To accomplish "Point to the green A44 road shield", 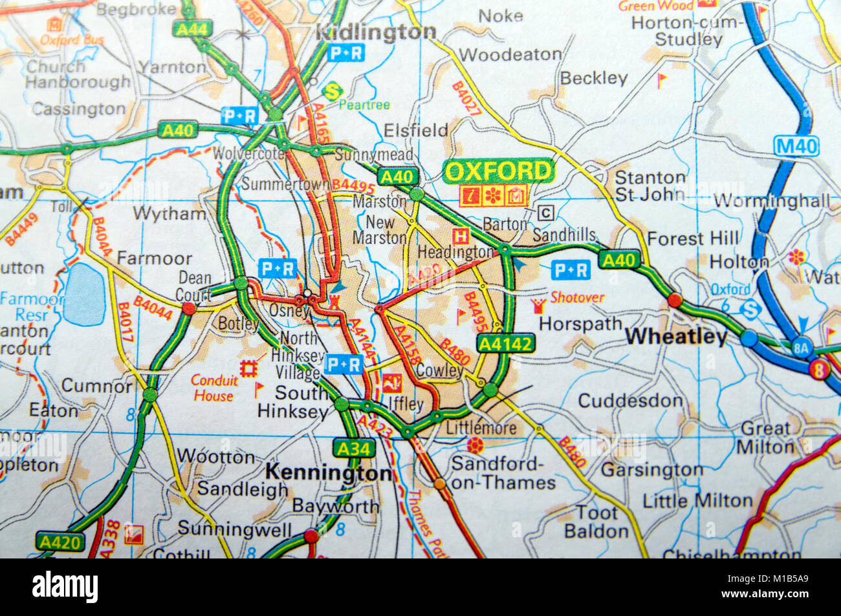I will click(x=191, y=28).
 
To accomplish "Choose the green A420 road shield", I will click(x=60, y=542).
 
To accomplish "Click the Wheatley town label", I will click(x=677, y=337).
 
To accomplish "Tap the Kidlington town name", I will click(x=377, y=32).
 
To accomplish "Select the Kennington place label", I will click(x=329, y=473).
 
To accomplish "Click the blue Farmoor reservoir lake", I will click(x=84, y=294).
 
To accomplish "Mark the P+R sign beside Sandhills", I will click(x=571, y=270).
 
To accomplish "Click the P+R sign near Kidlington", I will click(x=346, y=54).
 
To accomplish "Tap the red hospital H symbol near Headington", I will click(x=461, y=235).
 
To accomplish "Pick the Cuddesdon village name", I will click(x=629, y=401).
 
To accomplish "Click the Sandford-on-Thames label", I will click(x=503, y=473).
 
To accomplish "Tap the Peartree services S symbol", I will click(x=333, y=90).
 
